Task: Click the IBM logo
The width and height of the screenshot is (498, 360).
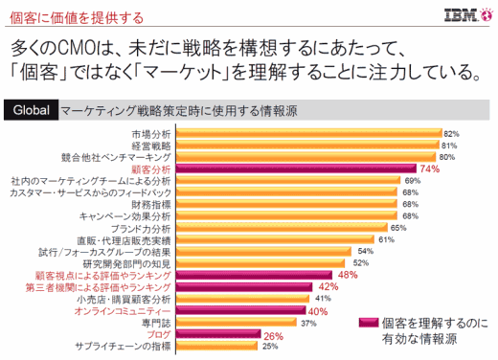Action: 469,15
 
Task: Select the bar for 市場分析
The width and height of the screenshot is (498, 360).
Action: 306,133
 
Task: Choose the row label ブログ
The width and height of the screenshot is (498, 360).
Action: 158,334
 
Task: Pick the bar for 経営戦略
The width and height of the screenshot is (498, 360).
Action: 306,145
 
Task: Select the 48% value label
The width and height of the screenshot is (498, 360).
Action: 347,275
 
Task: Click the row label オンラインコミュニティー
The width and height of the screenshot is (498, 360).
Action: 124,311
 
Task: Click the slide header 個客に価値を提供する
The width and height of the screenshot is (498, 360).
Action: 57,16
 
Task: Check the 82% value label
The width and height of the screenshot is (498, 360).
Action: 451,133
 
